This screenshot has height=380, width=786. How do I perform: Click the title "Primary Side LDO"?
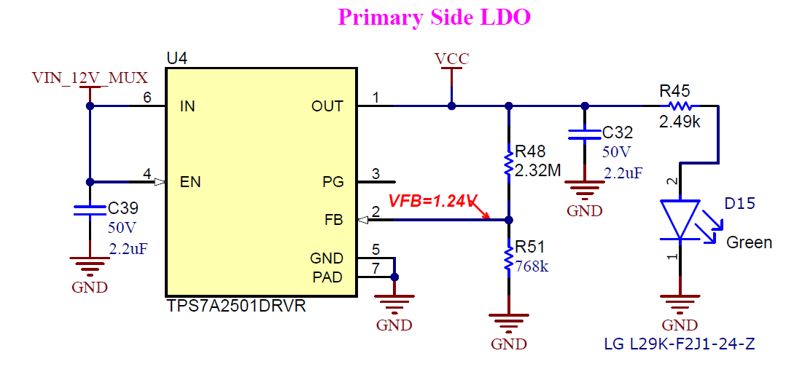[434, 17]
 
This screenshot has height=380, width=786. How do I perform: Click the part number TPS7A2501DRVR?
[236, 306]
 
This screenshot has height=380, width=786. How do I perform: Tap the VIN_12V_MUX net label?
[90, 77]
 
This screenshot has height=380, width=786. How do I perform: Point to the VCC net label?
[451, 59]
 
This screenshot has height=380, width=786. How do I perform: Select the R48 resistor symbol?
[509, 163]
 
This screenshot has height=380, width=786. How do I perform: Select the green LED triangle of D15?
[680, 220]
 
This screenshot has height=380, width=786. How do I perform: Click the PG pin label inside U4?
[332, 182]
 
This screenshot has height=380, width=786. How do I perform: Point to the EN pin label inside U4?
[190, 182]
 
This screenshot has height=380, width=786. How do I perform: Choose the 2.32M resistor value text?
[537, 170]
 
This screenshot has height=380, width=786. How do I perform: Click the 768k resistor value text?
[532, 266]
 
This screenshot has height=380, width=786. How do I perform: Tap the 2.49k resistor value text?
[680, 122]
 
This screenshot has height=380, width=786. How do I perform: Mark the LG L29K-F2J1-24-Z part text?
[679, 344]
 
